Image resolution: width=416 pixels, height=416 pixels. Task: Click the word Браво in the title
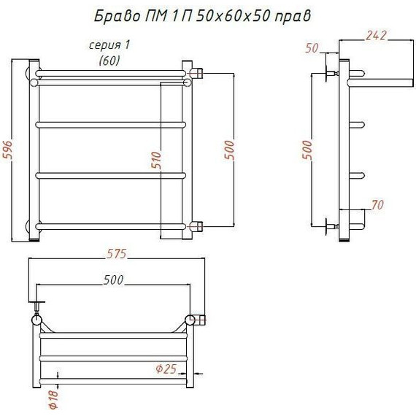[118, 16]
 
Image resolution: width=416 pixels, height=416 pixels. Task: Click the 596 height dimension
[8, 150]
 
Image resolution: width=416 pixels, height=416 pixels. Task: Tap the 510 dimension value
[156, 160]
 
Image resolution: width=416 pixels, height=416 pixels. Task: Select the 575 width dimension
[116, 254]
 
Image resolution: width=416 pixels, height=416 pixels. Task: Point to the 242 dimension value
[376, 35]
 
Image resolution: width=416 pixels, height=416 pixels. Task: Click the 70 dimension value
[378, 205]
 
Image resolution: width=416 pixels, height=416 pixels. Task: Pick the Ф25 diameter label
[166, 369]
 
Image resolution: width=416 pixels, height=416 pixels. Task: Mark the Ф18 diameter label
[53, 399]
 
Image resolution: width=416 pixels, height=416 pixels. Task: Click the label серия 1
[109, 46]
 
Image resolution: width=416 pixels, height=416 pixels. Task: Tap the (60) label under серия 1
[109, 61]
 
